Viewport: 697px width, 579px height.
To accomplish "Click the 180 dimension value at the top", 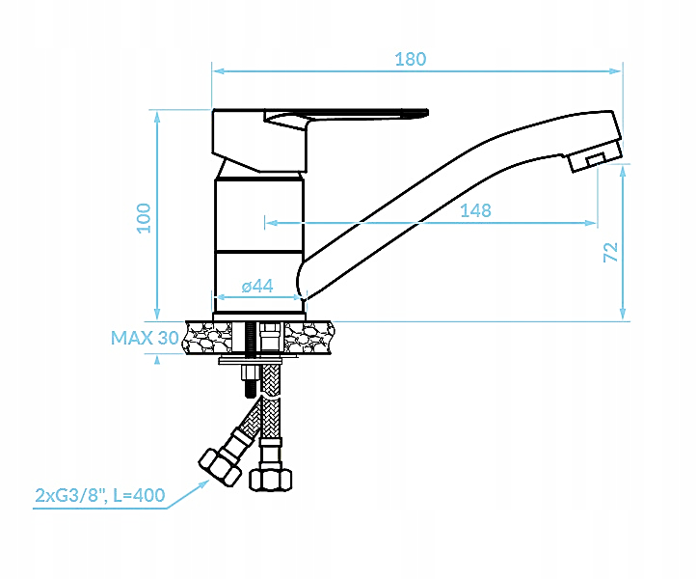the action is pos(411,59).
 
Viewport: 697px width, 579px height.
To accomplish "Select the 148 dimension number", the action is pos(475,210).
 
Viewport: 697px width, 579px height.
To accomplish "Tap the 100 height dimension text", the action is pos(144,218).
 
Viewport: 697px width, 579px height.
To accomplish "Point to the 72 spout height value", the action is pos(611,252).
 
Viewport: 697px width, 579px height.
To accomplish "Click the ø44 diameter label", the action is pos(257,286).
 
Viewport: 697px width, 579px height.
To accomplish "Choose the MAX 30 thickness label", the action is pos(145,338).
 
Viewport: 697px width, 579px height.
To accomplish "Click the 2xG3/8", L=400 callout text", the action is pos(100,495).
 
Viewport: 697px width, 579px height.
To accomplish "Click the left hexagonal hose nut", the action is pos(220,468).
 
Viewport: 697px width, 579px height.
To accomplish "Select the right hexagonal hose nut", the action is pos(271,480).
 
